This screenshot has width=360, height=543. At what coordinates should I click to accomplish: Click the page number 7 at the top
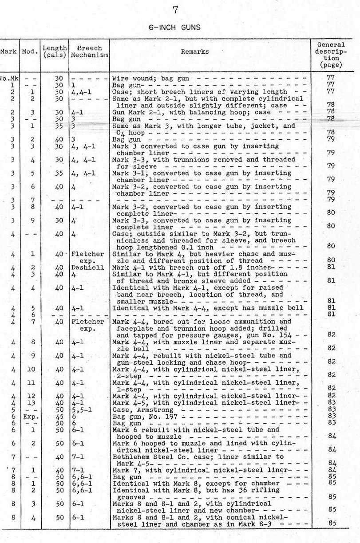[175, 10]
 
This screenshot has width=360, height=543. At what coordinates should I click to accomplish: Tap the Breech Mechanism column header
[89, 51]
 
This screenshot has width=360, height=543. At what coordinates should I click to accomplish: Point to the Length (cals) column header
[55, 51]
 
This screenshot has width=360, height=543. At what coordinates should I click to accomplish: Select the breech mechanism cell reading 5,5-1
[80, 410]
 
